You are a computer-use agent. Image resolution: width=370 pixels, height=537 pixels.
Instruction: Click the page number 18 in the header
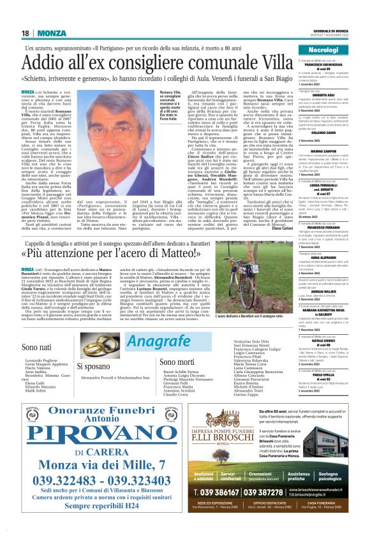click(x=26, y=33)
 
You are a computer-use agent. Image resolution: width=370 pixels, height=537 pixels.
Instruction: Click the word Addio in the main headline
click(x=47, y=64)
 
